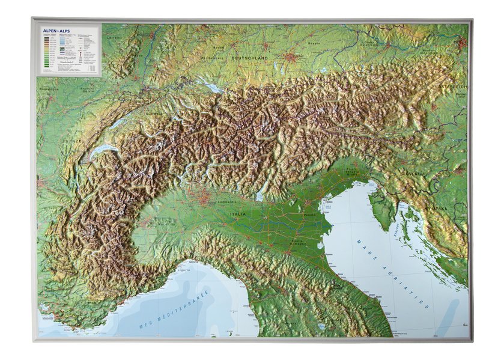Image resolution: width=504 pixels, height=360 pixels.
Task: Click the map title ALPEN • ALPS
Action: [55, 28]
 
